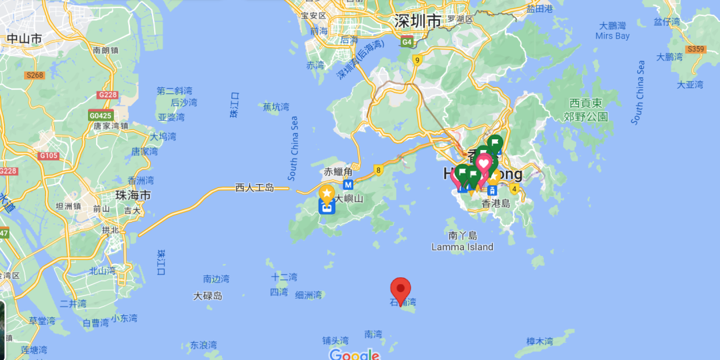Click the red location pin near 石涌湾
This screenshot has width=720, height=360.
tap(400, 289)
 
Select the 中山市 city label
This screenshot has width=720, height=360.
tap(25, 39)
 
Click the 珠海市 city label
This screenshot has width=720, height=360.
tap(133, 195)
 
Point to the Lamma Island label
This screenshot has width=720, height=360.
tap(462, 247)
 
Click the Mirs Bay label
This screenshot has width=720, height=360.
tap(613, 36)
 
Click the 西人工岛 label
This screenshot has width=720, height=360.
tap(255, 188)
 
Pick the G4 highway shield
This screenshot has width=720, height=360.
tap(407, 43)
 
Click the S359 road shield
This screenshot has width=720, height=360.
tap(696, 49)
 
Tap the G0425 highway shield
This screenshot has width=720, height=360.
tap(101, 115)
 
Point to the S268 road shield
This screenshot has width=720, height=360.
tap(35, 75)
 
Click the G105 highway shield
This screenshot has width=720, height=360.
tap(49, 156)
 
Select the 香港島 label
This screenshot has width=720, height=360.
tap(495, 203)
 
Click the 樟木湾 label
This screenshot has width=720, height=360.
tap(539, 341)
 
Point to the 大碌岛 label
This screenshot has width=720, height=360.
tap(208, 295)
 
